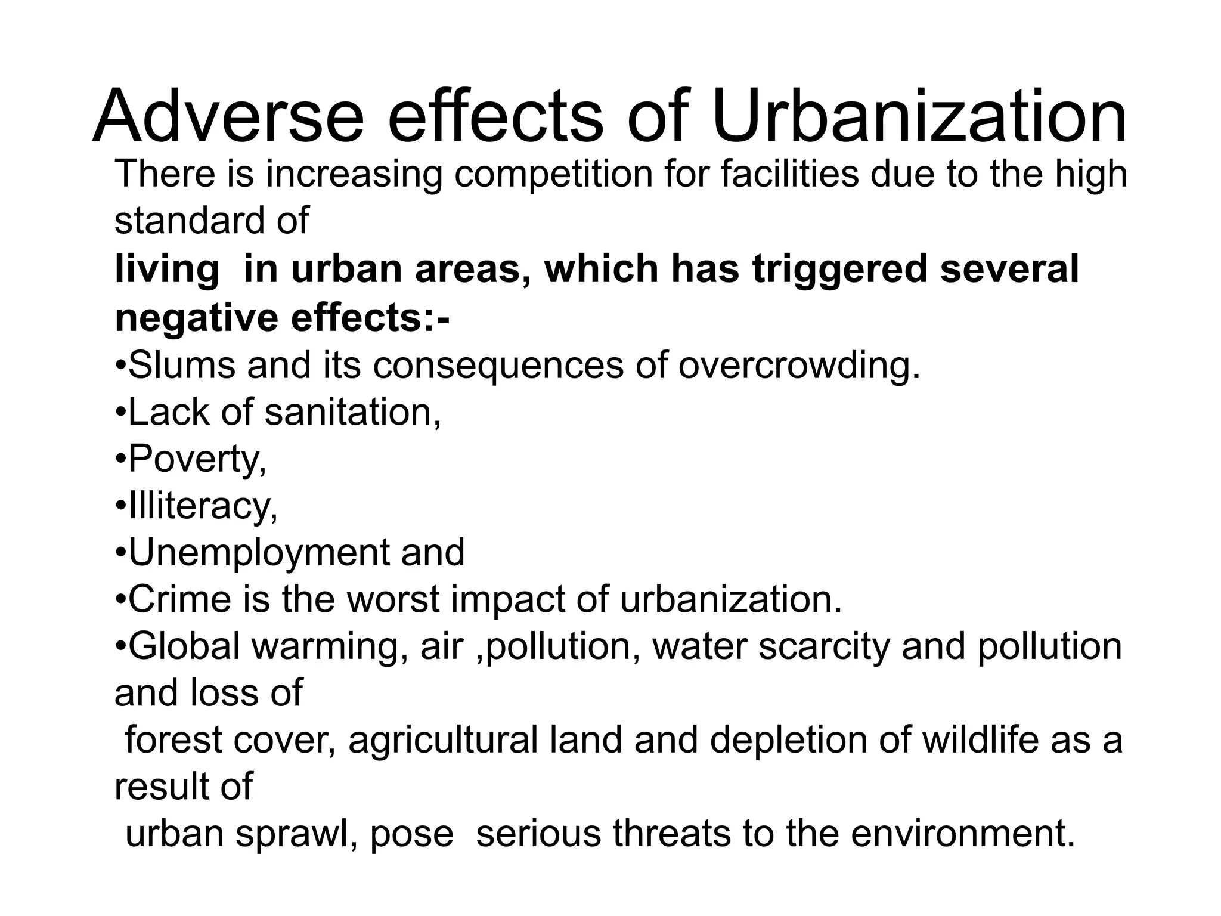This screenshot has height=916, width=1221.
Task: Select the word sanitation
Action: click(352, 412)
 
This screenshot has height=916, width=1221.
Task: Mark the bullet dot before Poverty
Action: click(120, 460)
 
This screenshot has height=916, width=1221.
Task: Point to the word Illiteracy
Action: click(203, 506)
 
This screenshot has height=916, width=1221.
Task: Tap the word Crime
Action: click(179, 599)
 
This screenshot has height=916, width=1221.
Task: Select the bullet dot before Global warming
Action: click(120, 646)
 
